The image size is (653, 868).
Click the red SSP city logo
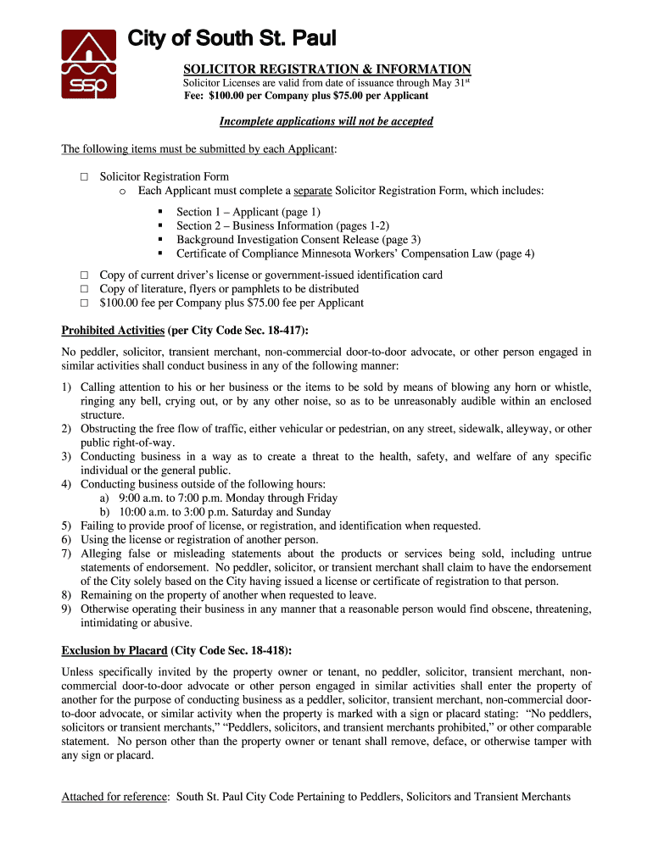tap(88, 64)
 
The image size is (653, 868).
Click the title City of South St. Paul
tap(231, 39)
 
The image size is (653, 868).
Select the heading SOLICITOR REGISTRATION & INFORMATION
tap(327, 69)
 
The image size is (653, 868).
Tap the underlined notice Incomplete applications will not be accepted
tap(326, 121)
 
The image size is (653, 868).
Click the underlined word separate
tap(312, 191)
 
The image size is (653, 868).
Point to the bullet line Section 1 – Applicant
tap(248, 212)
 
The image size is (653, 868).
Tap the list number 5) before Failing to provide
tap(66, 526)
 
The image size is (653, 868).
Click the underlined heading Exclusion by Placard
tap(114, 650)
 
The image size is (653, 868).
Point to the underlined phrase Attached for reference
tap(115, 797)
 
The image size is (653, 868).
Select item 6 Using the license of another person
tap(199, 539)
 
